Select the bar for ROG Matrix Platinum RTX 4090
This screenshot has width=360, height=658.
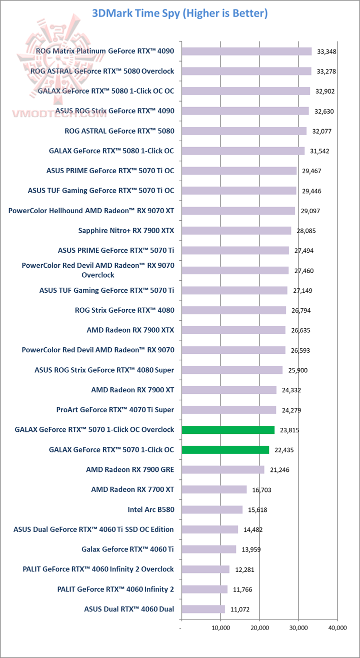(246, 51)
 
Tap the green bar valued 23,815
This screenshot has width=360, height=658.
(228, 430)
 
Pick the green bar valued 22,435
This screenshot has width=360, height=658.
(225, 450)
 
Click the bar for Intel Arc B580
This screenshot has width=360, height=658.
(212, 509)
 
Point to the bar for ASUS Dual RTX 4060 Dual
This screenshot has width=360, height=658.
(203, 609)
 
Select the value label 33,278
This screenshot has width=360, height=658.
(326, 72)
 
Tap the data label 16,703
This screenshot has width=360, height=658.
(262, 490)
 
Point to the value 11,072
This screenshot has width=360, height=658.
(240, 609)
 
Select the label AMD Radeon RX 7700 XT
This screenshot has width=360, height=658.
(132, 489)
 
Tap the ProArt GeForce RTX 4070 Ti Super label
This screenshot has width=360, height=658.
(115, 410)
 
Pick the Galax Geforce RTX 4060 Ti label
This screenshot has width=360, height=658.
(127, 549)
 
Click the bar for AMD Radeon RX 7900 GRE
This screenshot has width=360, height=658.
(222, 469)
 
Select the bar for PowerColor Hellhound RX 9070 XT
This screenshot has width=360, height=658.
(238, 211)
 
